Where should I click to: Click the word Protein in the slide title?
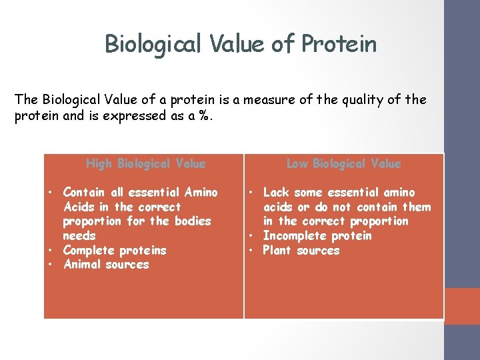pyautogui.click(x=339, y=44)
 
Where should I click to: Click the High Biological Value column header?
pyautogui.click(x=146, y=163)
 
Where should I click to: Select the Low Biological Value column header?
pyautogui.click(x=343, y=163)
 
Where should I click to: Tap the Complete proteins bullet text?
pyautogui.click(x=115, y=251)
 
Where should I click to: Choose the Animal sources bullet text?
pyautogui.click(x=106, y=265)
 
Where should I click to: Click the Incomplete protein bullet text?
pyautogui.click(x=317, y=236)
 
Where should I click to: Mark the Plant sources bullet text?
pyautogui.click(x=301, y=251)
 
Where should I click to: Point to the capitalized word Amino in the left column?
pyautogui.click(x=201, y=193)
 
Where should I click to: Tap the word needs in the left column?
pyautogui.click(x=79, y=236)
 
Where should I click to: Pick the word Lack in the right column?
pyautogui.click(x=276, y=193)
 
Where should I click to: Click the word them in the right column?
pyautogui.click(x=416, y=207)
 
